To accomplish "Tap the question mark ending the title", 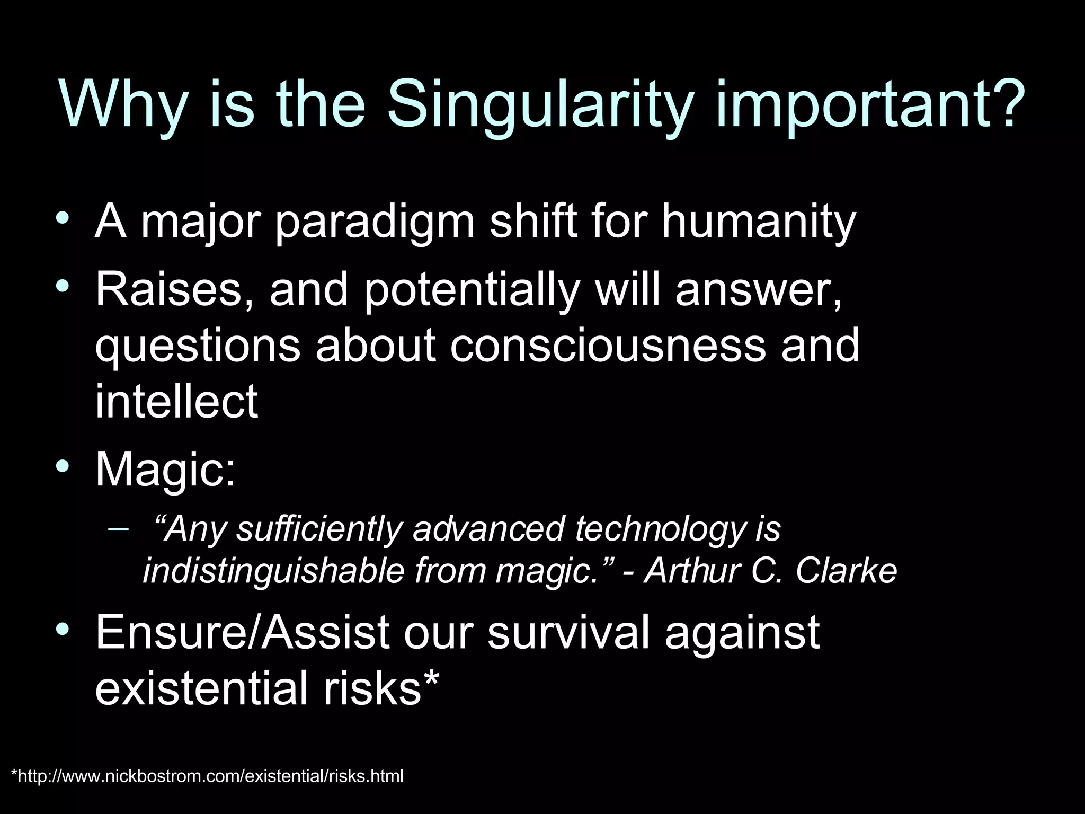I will click(x=1000, y=101).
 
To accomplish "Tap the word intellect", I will click(x=176, y=401).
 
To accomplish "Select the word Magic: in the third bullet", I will click(x=165, y=469).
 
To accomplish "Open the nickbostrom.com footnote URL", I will click(x=207, y=776).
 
